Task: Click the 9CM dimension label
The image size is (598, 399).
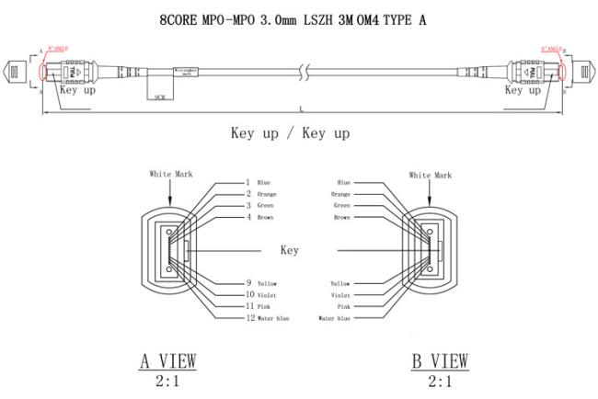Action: click(160, 95)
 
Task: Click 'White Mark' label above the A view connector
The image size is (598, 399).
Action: click(171, 174)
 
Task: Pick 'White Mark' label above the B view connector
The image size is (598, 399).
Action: click(431, 174)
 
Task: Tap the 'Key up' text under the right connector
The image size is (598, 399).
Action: click(523, 90)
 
